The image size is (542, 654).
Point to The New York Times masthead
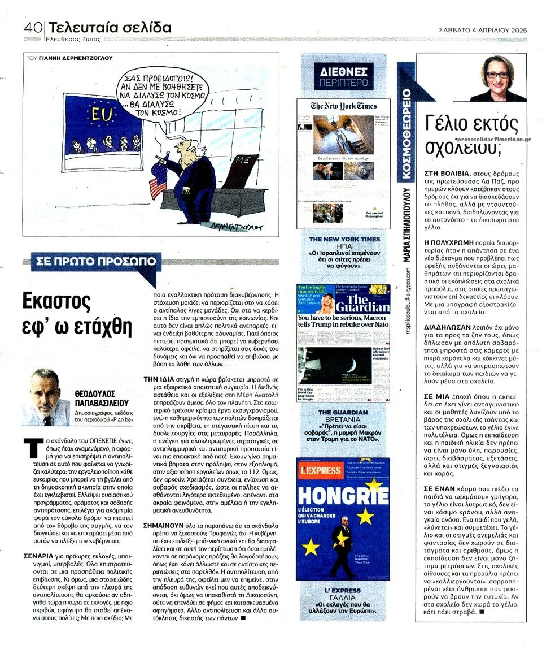343,106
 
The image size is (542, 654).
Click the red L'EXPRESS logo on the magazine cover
320,470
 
